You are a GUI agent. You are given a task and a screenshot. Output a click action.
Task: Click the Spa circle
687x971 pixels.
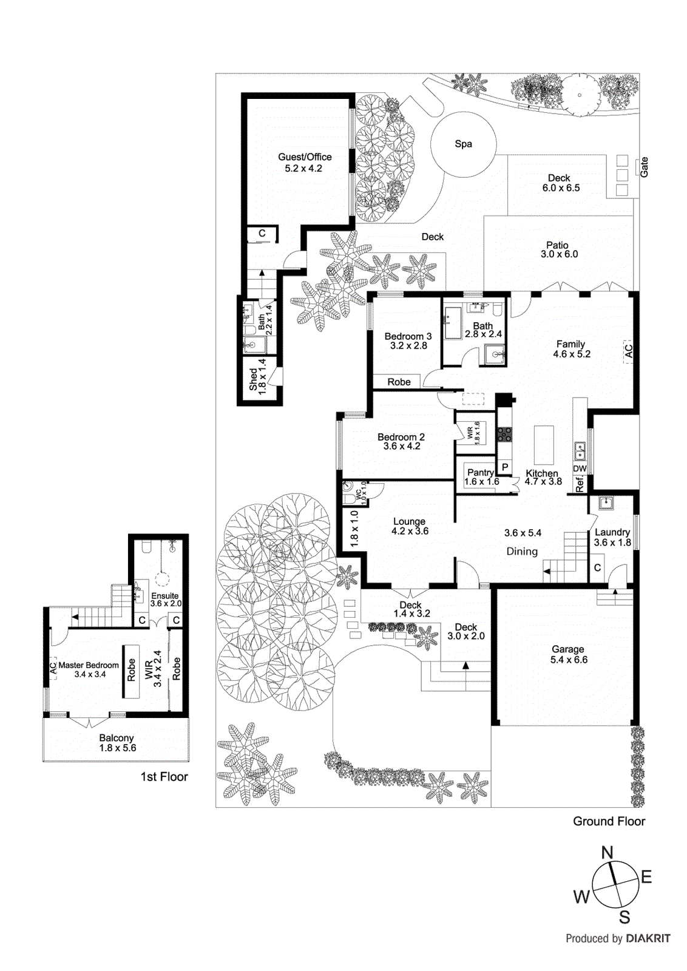click(463, 144)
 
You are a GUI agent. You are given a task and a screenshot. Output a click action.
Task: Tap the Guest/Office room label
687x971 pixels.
click(305, 162)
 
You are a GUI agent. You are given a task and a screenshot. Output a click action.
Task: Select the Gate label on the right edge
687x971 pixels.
click(644, 167)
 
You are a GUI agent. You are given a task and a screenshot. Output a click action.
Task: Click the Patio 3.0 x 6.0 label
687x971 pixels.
click(558, 250)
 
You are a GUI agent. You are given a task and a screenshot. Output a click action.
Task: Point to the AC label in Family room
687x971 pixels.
click(629, 351)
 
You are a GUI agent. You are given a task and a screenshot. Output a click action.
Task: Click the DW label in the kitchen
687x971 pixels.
click(580, 469)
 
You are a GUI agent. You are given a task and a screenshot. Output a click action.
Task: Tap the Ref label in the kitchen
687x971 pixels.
click(580, 484)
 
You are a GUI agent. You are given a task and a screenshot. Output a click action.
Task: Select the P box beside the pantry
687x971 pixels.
click(505, 468)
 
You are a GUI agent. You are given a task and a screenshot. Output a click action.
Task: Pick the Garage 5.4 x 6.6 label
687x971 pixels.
click(568, 654)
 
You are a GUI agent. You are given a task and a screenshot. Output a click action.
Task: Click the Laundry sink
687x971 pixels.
click(606, 503)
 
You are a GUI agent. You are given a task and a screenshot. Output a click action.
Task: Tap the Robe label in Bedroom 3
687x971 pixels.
click(399, 382)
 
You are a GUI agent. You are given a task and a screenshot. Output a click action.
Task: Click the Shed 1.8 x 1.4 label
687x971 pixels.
click(258, 377)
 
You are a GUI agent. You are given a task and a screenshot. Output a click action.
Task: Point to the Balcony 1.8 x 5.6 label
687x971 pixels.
click(117, 743)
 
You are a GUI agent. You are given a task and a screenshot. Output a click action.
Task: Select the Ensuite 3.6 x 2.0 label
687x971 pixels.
click(166, 600)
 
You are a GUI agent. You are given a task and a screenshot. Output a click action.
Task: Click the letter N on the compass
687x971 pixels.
click(607, 853)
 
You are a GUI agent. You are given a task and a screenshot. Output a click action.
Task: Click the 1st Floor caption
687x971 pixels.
click(164, 777)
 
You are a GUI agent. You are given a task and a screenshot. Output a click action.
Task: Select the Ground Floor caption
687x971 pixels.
click(609, 821)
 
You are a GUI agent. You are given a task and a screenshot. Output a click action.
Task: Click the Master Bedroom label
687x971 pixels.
click(89, 665)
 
